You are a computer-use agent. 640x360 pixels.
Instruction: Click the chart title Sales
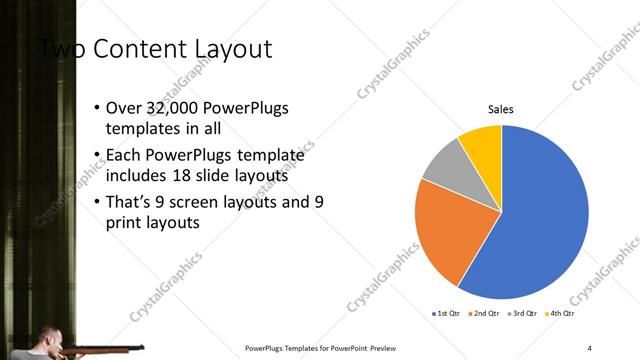point(501,110)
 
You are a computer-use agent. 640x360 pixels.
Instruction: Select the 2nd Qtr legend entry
point(485,314)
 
